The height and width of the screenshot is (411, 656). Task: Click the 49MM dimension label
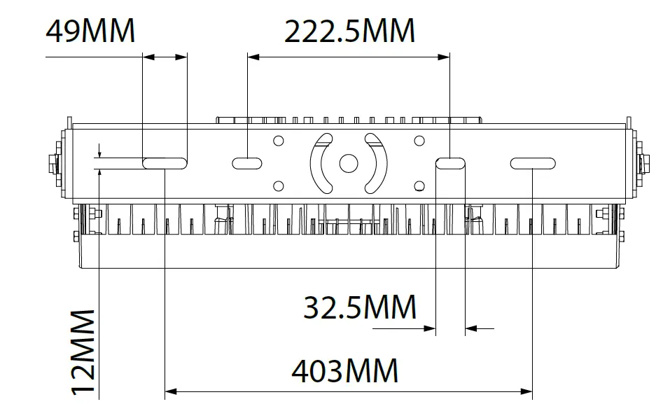point(90,32)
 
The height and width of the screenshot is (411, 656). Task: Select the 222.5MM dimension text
point(349,32)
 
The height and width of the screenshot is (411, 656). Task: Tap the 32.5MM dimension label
point(360,308)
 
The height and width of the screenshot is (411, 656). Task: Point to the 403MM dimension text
point(344,371)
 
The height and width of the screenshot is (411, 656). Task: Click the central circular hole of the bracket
point(348,163)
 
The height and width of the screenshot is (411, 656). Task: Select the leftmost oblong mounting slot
point(165,163)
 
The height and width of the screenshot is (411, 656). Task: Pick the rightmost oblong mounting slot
point(533,163)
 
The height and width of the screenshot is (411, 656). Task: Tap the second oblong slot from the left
point(247,163)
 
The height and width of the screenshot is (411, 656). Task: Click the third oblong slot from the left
point(450,163)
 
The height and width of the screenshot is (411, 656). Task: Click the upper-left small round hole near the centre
point(279,140)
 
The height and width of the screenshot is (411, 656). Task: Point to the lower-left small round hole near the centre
point(279,186)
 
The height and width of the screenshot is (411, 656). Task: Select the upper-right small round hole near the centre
point(419,140)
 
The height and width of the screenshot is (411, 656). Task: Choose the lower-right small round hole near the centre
point(419,186)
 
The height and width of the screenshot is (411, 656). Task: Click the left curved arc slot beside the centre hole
point(319,163)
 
